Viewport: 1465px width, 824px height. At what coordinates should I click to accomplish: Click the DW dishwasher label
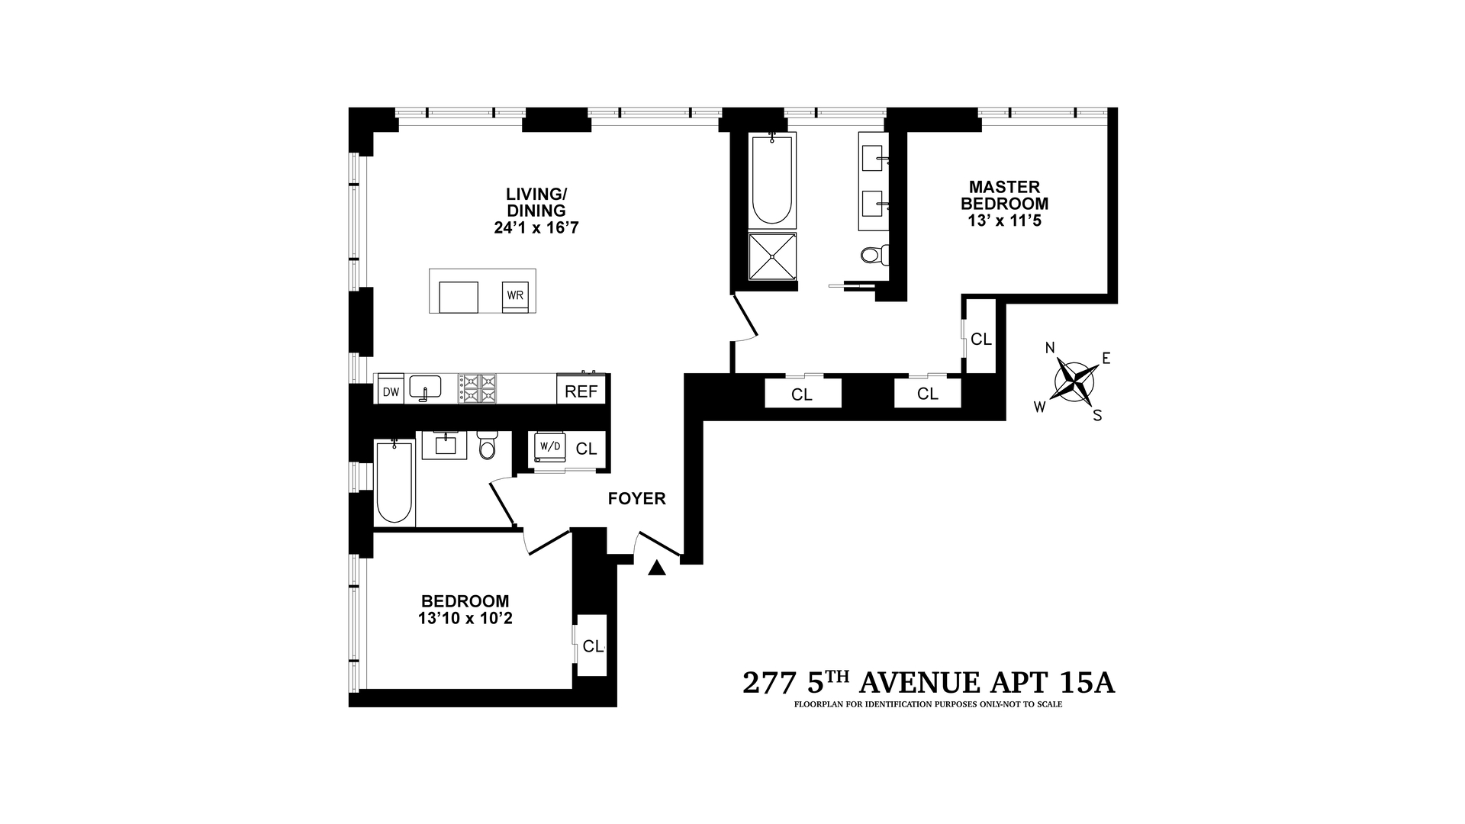[391, 392]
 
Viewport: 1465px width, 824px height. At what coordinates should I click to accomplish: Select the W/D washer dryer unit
[548, 449]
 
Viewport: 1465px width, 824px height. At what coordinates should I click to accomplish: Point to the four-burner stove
[477, 388]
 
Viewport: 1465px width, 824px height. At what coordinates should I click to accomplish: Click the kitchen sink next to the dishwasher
[425, 388]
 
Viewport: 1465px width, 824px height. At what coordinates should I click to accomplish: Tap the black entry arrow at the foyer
[657, 568]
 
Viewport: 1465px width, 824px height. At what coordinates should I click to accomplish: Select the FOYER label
[636, 499]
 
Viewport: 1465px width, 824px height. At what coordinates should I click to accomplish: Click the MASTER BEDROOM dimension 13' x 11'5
[1004, 222]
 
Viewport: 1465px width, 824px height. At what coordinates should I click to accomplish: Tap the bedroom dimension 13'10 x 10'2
[465, 618]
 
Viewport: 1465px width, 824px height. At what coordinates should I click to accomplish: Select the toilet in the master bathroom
[875, 254]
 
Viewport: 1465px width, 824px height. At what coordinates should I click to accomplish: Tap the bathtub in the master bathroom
[773, 179]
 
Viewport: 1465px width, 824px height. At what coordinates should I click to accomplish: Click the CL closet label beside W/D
[586, 449]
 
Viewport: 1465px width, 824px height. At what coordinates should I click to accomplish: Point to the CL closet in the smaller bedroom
[592, 645]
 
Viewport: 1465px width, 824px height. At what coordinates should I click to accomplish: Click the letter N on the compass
[1050, 348]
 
